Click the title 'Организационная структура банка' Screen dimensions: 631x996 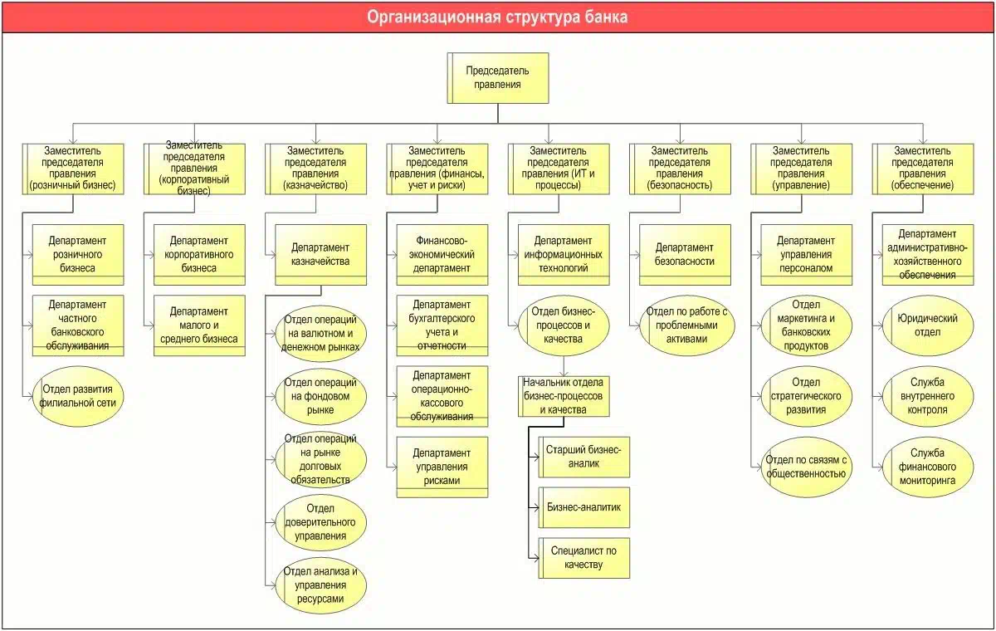pyautogui.click(x=498, y=17)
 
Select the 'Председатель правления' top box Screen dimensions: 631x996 pyautogui.click(x=498, y=77)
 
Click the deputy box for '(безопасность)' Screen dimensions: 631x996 pyautogui.click(x=681, y=169)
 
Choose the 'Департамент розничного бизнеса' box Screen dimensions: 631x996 pyautogui.click(x=77, y=254)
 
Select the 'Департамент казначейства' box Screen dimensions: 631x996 pyautogui.click(x=320, y=254)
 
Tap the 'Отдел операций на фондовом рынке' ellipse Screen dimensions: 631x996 pyautogui.click(x=320, y=396)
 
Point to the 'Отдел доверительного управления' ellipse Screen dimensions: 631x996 pyautogui.click(x=320, y=522)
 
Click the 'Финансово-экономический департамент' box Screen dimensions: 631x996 pyautogui.click(x=442, y=254)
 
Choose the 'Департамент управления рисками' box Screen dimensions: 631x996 pyautogui.click(x=442, y=467)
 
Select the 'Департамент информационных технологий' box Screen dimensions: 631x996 pyautogui.click(x=564, y=254)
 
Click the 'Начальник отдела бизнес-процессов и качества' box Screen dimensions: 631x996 pyautogui.click(x=564, y=396)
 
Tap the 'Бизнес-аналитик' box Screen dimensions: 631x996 pyautogui.click(x=583, y=506)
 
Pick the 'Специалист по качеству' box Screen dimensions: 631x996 pyautogui.click(x=583, y=558)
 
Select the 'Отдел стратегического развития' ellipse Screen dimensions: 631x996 pyautogui.click(x=807, y=396)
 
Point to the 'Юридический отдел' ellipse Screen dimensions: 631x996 pyautogui.click(x=928, y=325)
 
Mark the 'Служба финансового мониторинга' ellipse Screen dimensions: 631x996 pyautogui.click(x=928, y=467)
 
